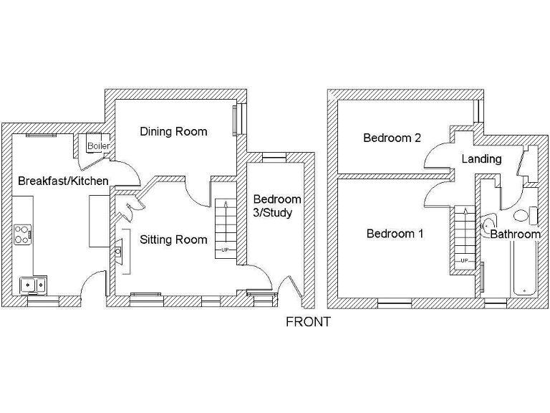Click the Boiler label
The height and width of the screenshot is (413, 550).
99,146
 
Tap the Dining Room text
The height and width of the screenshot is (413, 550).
173,131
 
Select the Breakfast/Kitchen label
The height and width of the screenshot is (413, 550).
63,181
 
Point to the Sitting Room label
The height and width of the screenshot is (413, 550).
173,239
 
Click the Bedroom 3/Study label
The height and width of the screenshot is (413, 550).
277,206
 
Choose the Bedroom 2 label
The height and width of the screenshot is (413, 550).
392,138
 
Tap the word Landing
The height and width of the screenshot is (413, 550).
481,158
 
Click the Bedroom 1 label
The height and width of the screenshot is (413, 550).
395,234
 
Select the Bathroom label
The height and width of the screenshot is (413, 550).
515,234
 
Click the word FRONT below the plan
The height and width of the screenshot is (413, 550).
308,322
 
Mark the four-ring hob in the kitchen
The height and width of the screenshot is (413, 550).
24,233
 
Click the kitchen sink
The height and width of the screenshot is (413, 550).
33,284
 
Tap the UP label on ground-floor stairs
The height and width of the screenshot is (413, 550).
226,250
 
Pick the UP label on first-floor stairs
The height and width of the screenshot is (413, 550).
464,260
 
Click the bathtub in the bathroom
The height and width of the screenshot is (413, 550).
524,269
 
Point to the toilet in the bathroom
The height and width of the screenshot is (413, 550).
521,216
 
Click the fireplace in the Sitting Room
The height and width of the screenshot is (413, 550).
120,251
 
